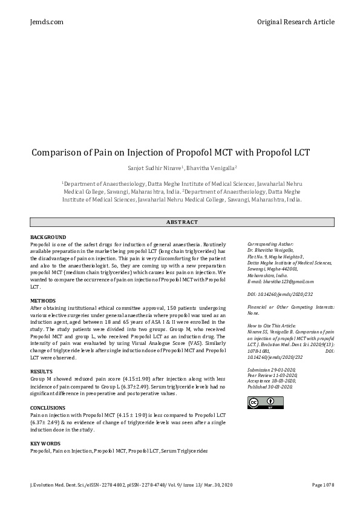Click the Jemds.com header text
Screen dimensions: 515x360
pyautogui.click(x=47, y=22)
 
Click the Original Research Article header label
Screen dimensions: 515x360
pyautogui.click(x=295, y=22)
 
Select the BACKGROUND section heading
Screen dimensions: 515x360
pyautogui.click(x=48, y=237)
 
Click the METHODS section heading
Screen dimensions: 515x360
pyautogui.click(x=42, y=300)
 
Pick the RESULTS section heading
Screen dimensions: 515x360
pyautogui.click(x=41, y=370)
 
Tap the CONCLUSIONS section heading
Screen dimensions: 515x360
pyautogui.click(x=48, y=408)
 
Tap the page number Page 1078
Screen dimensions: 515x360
pyautogui.click(x=322, y=485)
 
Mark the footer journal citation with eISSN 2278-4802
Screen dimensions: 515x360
pyautogui.click(x=129, y=485)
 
